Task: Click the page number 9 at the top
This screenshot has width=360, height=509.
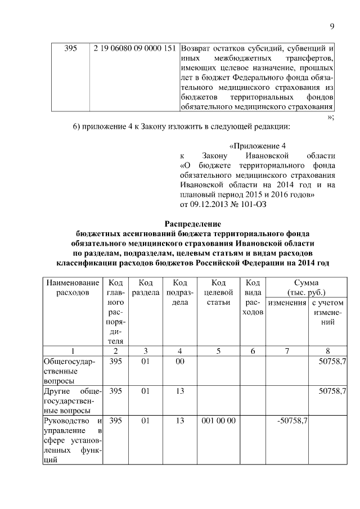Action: tap(332, 25)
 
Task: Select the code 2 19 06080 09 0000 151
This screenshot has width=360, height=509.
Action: tap(136, 48)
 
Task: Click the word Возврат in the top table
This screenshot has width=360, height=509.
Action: tap(197, 48)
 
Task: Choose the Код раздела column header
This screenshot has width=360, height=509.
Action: tap(146, 287)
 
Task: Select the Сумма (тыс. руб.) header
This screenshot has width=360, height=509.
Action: tap(307, 287)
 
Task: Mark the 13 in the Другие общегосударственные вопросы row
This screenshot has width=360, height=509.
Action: tap(180, 391)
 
